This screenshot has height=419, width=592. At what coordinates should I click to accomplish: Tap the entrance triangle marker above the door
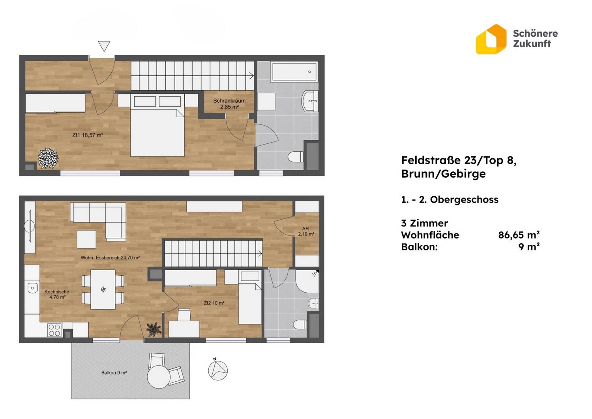click(x=104, y=46)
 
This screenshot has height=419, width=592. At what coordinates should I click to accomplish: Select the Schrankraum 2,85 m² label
click(x=229, y=104)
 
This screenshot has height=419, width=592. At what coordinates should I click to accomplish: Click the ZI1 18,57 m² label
click(x=88, y=135)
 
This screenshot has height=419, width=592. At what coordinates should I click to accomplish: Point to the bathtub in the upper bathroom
click(x=294, y=71)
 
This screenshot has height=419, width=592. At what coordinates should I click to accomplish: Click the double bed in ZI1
click(x=157, y=125)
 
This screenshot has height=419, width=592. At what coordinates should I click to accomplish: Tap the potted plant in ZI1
click(x=48, y=158)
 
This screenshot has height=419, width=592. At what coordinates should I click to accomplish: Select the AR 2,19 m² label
click(x=306, y=231)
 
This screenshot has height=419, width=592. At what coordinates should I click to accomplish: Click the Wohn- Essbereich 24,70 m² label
click(x=110, y=257)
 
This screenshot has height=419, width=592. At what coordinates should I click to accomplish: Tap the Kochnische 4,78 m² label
click(x=57, y=294)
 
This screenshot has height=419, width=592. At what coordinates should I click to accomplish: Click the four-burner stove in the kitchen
click(x=54, y=330)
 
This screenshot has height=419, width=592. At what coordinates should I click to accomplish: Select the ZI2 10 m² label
click(x=214, y=303)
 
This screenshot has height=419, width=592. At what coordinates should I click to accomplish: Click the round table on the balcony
click(x=159, y=377)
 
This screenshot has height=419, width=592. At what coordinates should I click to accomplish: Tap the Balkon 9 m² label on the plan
click(x=114, y=372)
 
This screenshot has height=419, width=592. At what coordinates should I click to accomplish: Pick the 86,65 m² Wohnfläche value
click(x=519, y=235)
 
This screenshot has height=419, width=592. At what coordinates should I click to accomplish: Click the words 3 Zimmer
click(x=424, y=223)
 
